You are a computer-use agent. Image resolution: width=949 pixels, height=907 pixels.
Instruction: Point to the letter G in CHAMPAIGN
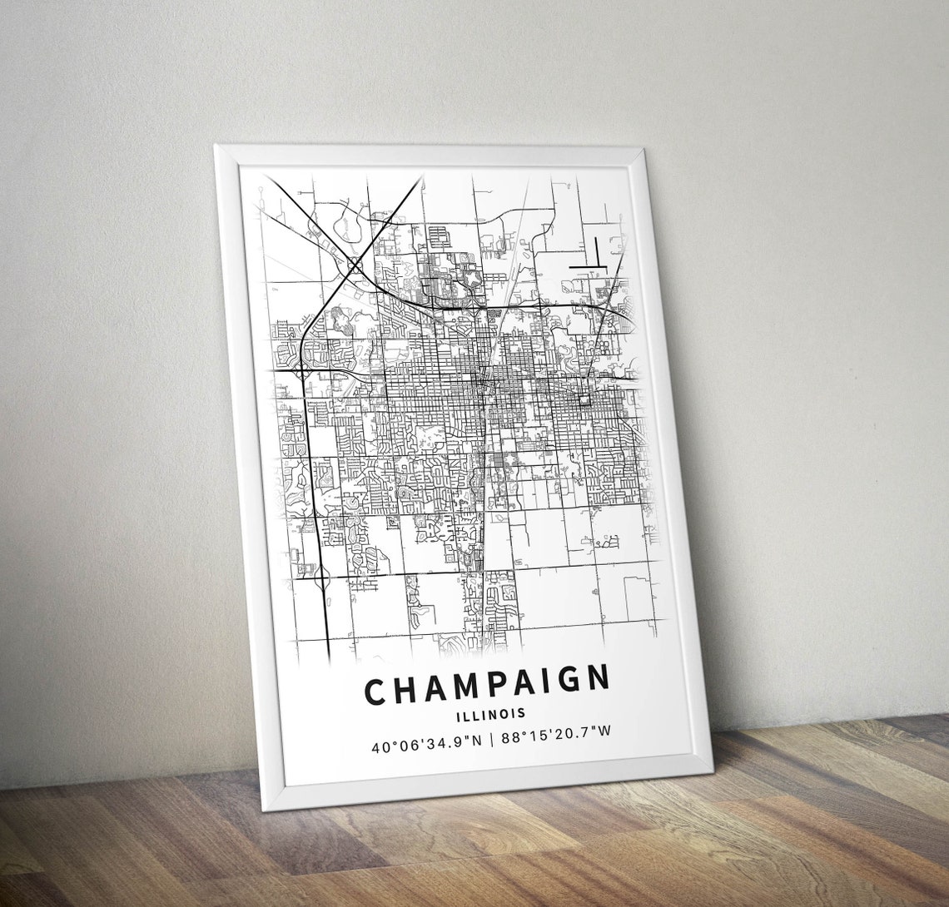click(568, 681)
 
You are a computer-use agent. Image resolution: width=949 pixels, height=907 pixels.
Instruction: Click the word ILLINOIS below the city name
click(490, 713)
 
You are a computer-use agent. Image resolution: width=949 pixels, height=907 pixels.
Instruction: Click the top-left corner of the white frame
click(216, 146)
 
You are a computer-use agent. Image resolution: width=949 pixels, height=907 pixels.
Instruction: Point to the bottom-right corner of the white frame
click(712, 771)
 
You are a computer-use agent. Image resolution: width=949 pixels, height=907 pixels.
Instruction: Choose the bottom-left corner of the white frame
click(268, 809)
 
